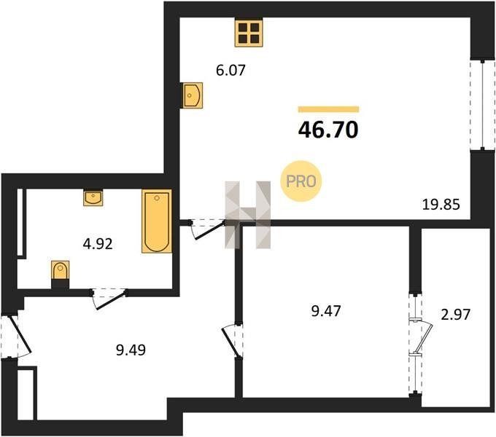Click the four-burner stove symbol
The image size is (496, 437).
(x=249, y=33)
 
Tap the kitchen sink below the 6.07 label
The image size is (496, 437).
(x=192, y=95)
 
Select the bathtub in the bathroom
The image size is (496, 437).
(x=157, y=221)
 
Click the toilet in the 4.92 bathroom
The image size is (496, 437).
(x=60, y=270)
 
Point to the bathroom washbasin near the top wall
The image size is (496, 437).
(x=93, y=198)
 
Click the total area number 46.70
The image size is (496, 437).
(x=328, y=130)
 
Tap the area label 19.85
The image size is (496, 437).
(x=441, y=205)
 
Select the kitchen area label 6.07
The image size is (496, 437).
(x=230, y=70)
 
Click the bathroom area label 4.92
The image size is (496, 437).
(x=98, y=244)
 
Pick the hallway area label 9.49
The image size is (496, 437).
(x=131, y=350)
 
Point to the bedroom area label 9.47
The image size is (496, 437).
(x=326, y=311)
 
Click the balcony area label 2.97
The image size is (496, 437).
(x=456, y=315)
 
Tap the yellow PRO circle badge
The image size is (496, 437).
(x=301, y=181)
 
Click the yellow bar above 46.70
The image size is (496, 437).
(x=328, y=109)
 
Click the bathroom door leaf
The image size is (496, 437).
(x=111, y=301)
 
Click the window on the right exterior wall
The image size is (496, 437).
(x=482, y=104)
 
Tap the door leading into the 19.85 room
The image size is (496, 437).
(x=209, y=230)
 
